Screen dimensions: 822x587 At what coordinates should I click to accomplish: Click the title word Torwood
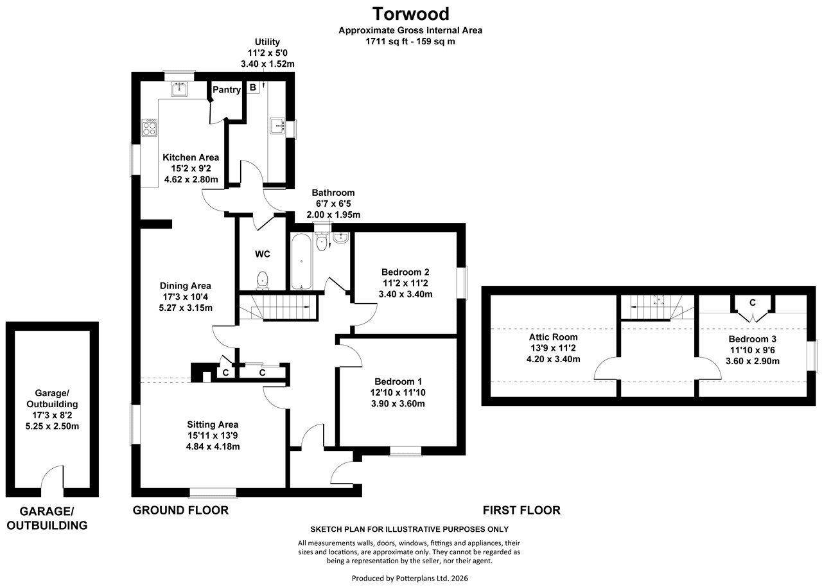pos(410,14)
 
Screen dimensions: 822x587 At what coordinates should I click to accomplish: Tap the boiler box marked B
pos(253,87)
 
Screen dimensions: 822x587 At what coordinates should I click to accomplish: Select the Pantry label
pos(227,89)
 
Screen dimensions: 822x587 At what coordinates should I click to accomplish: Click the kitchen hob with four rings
pos(150,127)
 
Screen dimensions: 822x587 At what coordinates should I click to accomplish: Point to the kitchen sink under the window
pos(179,89)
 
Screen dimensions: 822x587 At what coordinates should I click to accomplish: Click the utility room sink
pos(277,126)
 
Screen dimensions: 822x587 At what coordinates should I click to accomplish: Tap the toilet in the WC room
pos(263,280)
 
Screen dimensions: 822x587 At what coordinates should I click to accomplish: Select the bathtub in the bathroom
pos(301,261)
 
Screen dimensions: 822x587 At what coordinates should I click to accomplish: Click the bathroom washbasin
pos(341,238)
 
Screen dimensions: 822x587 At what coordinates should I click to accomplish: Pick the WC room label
pos(263,254)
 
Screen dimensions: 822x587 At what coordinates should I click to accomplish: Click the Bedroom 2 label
pos(405,272)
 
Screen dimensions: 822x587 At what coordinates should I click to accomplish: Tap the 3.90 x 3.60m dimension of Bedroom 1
pos(398,403)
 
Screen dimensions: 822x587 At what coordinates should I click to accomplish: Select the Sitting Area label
pos(213,425)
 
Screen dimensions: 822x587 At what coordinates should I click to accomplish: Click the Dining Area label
pos(186,286)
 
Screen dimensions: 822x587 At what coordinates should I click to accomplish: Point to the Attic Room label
pos(554,337)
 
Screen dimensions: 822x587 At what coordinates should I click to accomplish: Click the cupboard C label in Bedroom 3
pos(753,302)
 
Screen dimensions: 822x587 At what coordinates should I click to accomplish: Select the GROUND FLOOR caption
pos(180,511)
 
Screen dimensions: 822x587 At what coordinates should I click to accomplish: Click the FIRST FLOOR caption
pos(521,511)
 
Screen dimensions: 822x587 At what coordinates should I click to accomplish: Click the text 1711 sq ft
pos(387,41)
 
